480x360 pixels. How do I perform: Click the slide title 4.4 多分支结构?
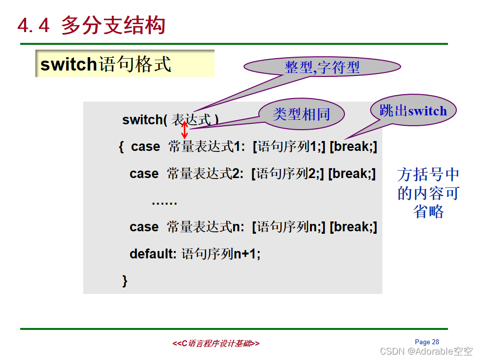(x=91, y=25)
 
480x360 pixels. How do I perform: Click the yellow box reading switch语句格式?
(x=125, y=64)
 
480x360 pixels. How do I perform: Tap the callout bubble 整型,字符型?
(x=322, y=67)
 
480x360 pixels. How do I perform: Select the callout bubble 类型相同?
(x=302, y=114)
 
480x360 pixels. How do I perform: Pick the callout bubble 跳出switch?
(x=413, y=110)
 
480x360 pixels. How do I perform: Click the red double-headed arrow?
(x=185, y=130)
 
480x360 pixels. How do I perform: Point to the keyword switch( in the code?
(x=144, y=119)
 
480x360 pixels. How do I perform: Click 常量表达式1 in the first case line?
(x=206, y=146)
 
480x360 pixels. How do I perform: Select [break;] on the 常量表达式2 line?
(x=352, y=174)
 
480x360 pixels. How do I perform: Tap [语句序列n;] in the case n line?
(x=289, y=227)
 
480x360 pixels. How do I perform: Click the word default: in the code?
(x=153, y=253)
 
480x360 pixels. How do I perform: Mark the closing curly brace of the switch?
(x=125, y=281)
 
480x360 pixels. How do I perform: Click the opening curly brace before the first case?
(x=121, y=146)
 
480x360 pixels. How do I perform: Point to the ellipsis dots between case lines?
(x=165, y=203)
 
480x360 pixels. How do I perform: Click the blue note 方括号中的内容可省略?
(x=428, y=193)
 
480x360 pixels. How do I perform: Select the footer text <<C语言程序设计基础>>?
(x=216, y=343)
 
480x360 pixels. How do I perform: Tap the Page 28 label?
(x=427, y=342)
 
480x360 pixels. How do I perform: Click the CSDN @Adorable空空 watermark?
(x=426, y=351)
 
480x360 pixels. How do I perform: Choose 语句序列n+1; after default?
(x=221, y=253)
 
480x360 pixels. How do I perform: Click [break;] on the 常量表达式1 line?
(x=353, y=146)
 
